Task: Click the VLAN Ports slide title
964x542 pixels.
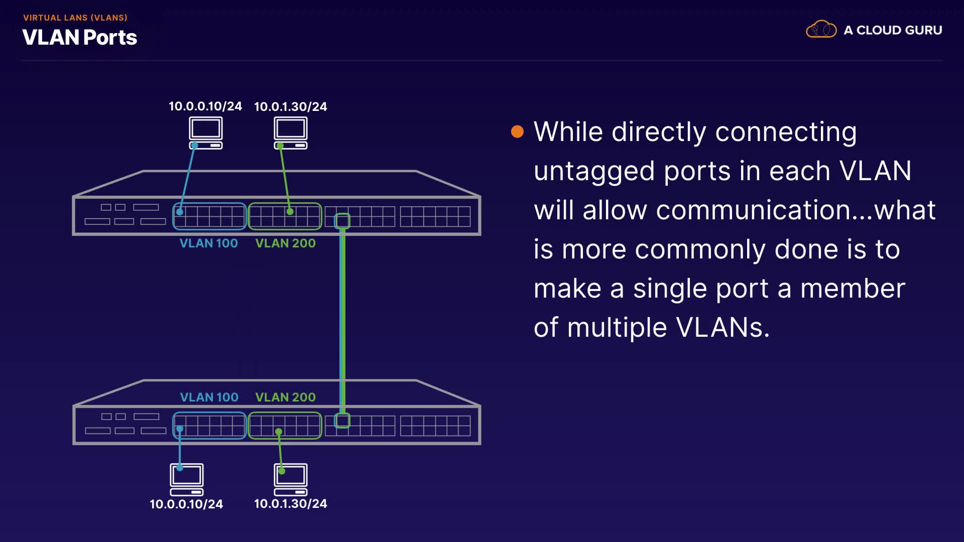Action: [80, 38]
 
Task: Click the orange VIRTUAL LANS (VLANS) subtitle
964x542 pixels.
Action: [75, 18]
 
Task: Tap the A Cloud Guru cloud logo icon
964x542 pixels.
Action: [821, 29]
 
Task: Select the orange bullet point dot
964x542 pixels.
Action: [517, 132]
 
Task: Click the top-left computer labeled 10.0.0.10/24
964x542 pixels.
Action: [206, 133]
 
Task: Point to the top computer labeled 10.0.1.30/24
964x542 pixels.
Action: [291, 133]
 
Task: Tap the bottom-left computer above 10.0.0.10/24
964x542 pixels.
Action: [187, 479]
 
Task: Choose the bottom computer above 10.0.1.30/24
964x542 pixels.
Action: [291, 479]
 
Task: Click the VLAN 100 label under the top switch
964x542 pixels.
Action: [209, 243]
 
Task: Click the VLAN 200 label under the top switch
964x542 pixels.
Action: [286, 243]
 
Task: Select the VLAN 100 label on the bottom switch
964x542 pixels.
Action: [209, 397]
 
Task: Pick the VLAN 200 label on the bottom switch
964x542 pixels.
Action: [286, 397]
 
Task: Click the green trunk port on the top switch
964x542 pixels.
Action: [342, 220]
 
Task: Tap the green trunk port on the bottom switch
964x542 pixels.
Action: [342, 421]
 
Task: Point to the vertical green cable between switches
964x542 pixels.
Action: [342, 321]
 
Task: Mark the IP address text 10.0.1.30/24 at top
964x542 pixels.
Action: [291, 106]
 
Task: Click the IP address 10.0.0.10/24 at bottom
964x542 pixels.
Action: [186, 504]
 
